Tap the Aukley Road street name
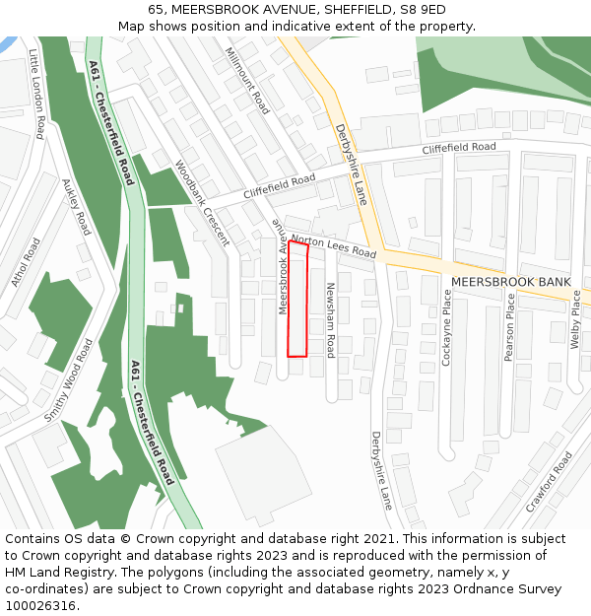[76, 207]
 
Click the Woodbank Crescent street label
[202, 203]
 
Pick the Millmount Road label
[247, 80]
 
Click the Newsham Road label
[331, 318]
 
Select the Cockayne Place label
[446, 328]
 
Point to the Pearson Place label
[509, 327]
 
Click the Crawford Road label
[549, 482]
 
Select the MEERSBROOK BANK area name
[510, 282]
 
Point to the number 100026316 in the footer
[40, 605]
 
